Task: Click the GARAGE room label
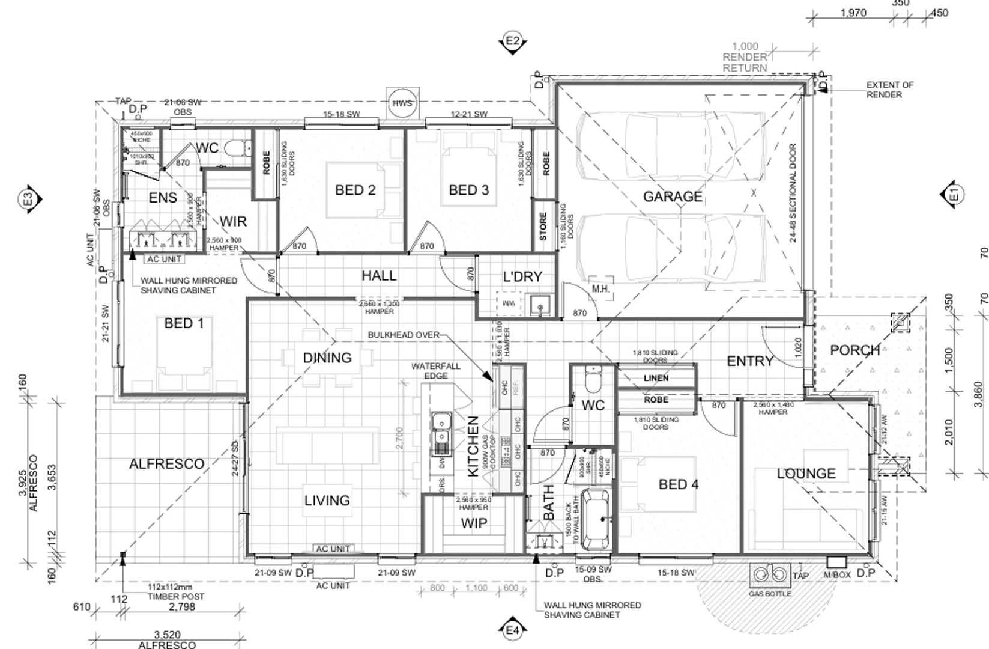pos(672,197)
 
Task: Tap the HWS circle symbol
pos(402,103)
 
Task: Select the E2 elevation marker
pos(512,41)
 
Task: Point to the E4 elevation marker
pos(512,630)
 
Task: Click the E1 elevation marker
pos(953,194)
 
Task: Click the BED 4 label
pos(678,484)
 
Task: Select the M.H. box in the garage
pos(600,289)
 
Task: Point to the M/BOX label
pos(837,574)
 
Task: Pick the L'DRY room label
pos(522,276)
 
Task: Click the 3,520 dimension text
pos(167,635)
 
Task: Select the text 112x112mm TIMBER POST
pos(176,592)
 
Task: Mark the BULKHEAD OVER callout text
pos(403,335)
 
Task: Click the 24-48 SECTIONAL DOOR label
pos(793,193)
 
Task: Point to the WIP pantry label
pos(474,523)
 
